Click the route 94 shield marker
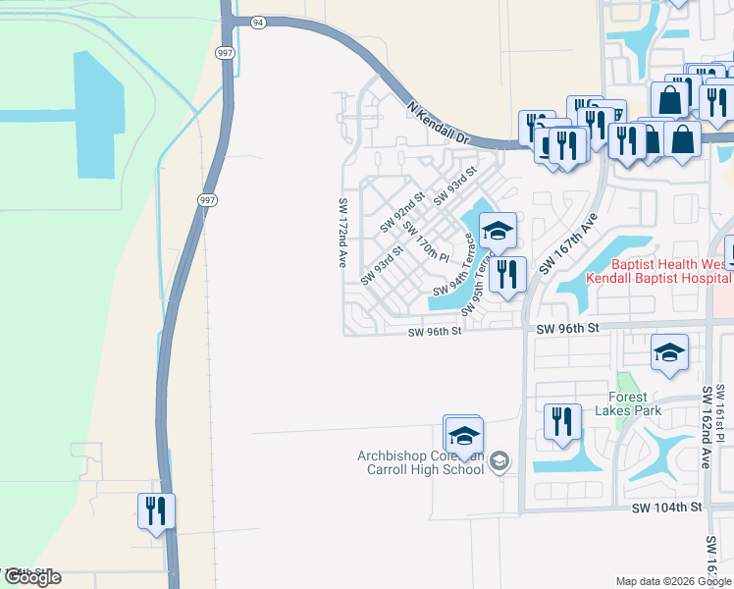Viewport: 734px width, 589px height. click(257, 22)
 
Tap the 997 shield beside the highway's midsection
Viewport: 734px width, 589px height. click(206, 200)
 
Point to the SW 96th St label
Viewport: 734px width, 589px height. click(435, 332)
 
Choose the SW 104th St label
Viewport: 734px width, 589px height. click(667, 508)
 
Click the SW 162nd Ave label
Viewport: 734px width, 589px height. click(706, 427)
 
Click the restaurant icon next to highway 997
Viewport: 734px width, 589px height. click(156, 511)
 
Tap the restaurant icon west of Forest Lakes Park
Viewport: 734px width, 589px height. click(562, 422)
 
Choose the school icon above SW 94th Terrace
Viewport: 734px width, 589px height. click(498, 232)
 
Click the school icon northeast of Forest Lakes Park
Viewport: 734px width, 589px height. click(669, 353)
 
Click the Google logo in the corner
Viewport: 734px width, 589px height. click(31, 577)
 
